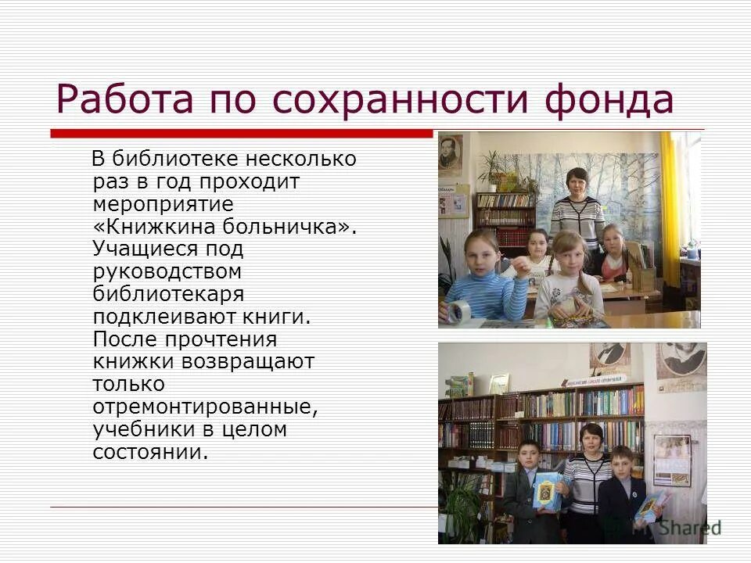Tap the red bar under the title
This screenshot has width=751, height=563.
click(x=243, y=133)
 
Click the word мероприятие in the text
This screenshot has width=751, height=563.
click(x=163, y=204)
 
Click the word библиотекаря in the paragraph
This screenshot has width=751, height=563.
click(x=168, y=294)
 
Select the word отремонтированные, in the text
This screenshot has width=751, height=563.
click(x=204, y=407)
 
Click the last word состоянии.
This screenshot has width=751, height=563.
click(x=151, y=452)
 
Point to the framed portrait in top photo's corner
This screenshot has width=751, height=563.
click(x=450, y=152)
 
